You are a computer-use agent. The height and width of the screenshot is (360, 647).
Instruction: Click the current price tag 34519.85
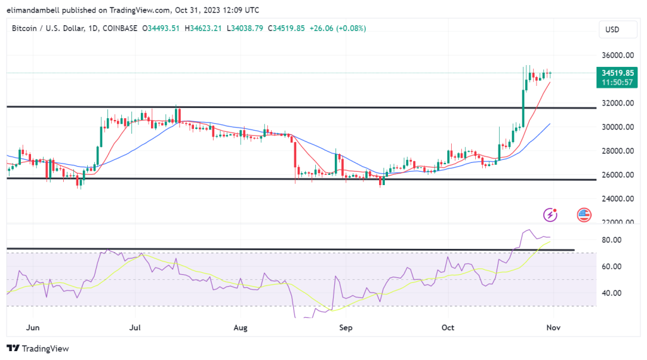tap(617, 73)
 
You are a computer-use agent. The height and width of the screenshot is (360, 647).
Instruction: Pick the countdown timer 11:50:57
tap(617, 83)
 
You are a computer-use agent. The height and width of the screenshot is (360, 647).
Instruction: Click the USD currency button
tap(612, 29)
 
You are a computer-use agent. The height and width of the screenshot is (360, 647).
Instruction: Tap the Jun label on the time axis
tap(34, 328)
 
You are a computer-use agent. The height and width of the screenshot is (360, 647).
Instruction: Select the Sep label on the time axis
tap(345, 328)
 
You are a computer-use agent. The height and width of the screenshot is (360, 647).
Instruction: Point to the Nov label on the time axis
tap(553, 328)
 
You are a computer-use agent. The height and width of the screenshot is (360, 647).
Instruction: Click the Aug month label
tap(240, 328)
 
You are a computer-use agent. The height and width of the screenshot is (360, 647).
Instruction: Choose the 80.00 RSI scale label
tap(611, 240)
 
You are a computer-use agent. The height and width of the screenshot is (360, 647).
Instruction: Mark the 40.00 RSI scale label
tap(611, 293)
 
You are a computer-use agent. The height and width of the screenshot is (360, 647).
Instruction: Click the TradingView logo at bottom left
tap(38, 349)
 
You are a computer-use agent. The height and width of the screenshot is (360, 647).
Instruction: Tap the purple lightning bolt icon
tap(551, 215)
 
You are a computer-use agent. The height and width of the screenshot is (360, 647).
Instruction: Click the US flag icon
tap(584, 215)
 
